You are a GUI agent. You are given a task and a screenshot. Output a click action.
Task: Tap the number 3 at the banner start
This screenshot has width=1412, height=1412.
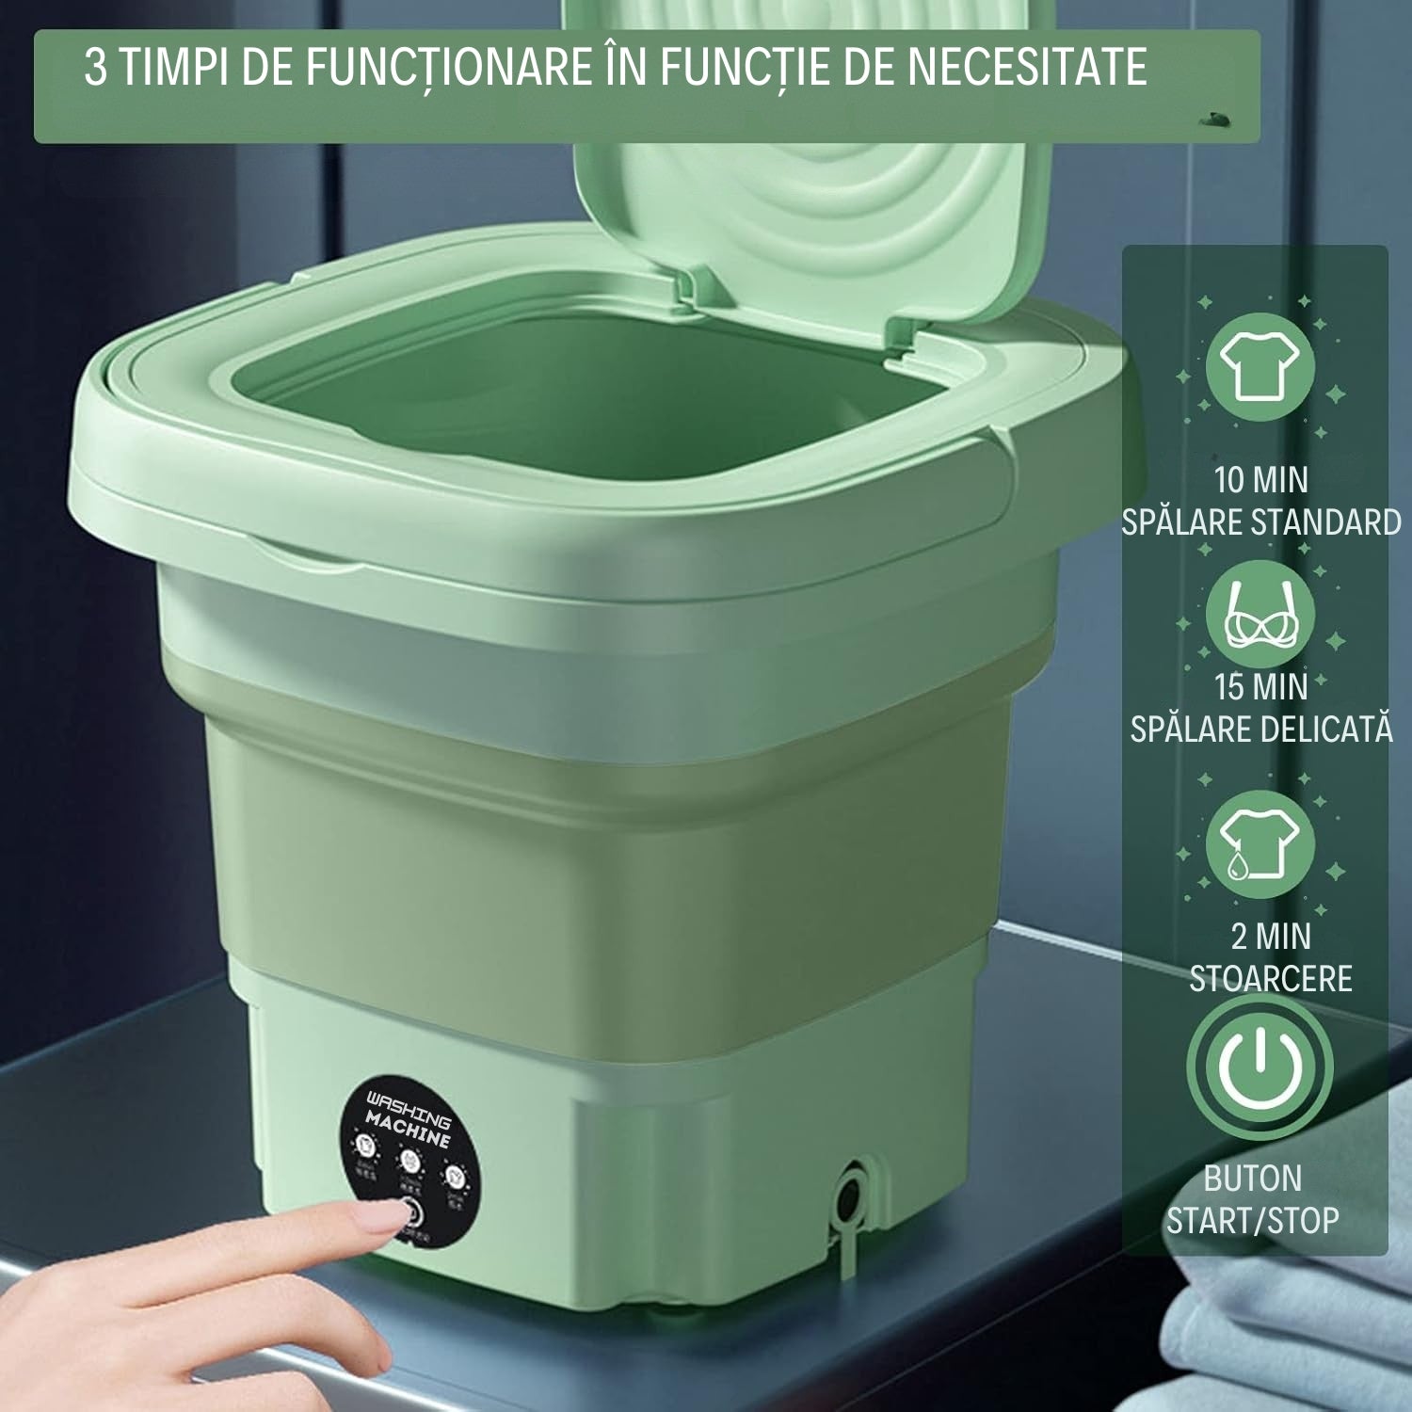(x=95, y=67)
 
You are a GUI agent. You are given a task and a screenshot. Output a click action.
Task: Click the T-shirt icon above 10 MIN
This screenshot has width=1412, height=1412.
(x=1260, y=366)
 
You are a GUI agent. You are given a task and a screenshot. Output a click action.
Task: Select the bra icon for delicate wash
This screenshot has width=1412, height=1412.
(x=1260, y=617)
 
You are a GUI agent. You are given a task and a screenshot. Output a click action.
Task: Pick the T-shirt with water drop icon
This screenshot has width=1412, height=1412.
(x=1260, y=843)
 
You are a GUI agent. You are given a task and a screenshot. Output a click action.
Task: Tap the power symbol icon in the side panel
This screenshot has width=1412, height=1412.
(x=1260, y=1067)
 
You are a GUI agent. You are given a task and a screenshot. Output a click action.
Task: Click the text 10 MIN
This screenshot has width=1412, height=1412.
(x=1260, y=480)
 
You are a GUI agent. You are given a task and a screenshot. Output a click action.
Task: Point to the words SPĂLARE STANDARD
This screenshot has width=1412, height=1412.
(x=1260, y=522)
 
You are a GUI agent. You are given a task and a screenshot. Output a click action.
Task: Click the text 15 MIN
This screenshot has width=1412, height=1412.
(x=1260, y=687)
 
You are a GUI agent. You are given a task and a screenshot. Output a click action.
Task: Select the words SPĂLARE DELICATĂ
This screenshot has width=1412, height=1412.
(x=1260, y=730)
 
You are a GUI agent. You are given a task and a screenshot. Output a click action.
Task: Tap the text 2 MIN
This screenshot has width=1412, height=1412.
(x=1270, y=937)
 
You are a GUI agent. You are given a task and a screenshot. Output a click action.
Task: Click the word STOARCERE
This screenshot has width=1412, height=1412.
(x=1270, y=979)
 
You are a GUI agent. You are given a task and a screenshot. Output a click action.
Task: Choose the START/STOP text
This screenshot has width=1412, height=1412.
(x=1252, y=1221)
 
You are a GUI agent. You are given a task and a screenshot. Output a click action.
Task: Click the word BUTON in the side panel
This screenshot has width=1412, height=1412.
(x=1252, y=1179)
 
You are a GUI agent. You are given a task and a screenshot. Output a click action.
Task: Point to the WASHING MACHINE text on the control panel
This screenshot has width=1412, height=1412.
(x=409, y=1120)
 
